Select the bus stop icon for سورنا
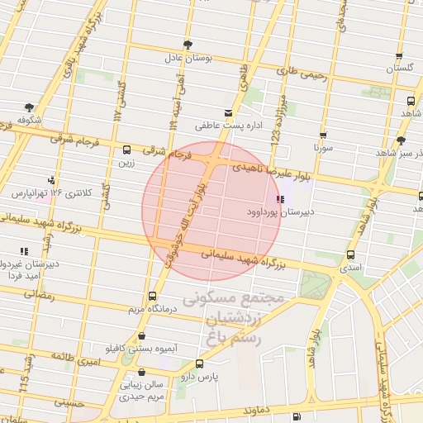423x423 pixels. coord(322,135)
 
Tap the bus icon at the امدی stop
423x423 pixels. coord(352,255)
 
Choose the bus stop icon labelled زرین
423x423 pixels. coord(126,150)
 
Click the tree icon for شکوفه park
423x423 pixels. coord(30,107)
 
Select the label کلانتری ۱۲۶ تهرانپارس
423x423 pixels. coord(50,192)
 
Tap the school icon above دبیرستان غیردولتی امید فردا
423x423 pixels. coord(23,251)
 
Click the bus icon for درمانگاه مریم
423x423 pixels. coord(151,296)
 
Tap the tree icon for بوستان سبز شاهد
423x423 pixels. coord(401,140)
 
